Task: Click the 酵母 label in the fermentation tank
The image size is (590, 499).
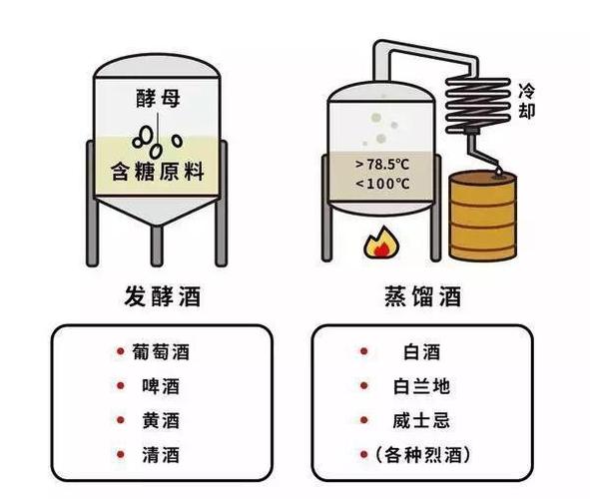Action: point(158,98)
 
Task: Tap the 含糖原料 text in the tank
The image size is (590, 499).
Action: point(158,172)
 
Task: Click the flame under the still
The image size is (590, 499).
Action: point(380,243)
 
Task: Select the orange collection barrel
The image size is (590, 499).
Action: point(483,216)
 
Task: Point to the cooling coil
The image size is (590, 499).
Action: point(478,106)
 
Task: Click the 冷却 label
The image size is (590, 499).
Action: point(526,101)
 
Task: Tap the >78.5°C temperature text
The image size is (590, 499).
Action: point(382,165)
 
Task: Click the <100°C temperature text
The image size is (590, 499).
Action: point(382,184)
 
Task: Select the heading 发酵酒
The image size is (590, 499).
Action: point(163,296)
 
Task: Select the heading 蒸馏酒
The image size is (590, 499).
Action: point(422,296)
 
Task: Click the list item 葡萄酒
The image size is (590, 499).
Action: point(161,352)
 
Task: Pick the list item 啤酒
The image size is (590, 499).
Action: point(161,386)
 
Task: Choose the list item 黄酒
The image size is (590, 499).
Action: point(161,420)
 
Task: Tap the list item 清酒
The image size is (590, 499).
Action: point(161,455)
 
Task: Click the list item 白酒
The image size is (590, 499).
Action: point(422,352)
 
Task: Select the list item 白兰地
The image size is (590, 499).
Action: point(422,386)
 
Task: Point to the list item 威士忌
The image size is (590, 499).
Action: point(422,420)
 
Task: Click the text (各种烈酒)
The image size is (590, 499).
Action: point(422,455)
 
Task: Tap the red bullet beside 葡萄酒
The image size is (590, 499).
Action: point(121,351)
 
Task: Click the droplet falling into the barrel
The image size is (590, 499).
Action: point(499,171)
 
